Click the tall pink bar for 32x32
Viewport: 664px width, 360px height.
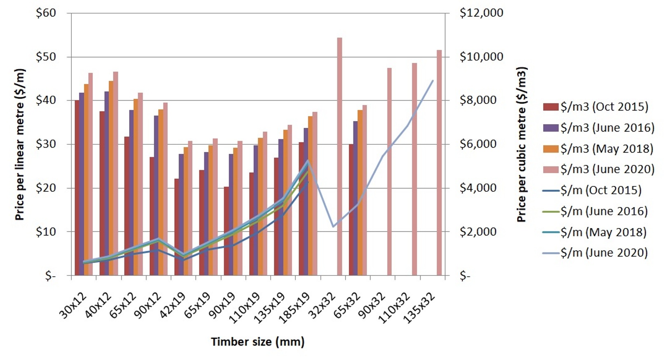(x=339, y=157)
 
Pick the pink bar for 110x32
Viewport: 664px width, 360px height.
(x=414, y=169)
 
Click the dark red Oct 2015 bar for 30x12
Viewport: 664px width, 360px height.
(x=77, y=188)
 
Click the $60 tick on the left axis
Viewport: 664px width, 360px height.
(x=46, y=13)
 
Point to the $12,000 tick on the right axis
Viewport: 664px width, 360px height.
(x=481, y=13)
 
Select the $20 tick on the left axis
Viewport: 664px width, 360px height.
(x=46, y=188)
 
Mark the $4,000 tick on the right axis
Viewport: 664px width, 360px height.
(x=478, y=188)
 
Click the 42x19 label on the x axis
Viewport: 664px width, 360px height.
(x=172, y=305)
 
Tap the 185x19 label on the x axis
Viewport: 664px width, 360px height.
(x=294, y=308)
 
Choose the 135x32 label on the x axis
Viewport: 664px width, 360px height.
(x=419, y=308)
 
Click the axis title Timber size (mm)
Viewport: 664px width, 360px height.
(x=258, y=342)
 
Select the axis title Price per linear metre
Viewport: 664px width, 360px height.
(x=19, y=144)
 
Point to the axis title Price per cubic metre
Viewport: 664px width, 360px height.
(x=521, y=144)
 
